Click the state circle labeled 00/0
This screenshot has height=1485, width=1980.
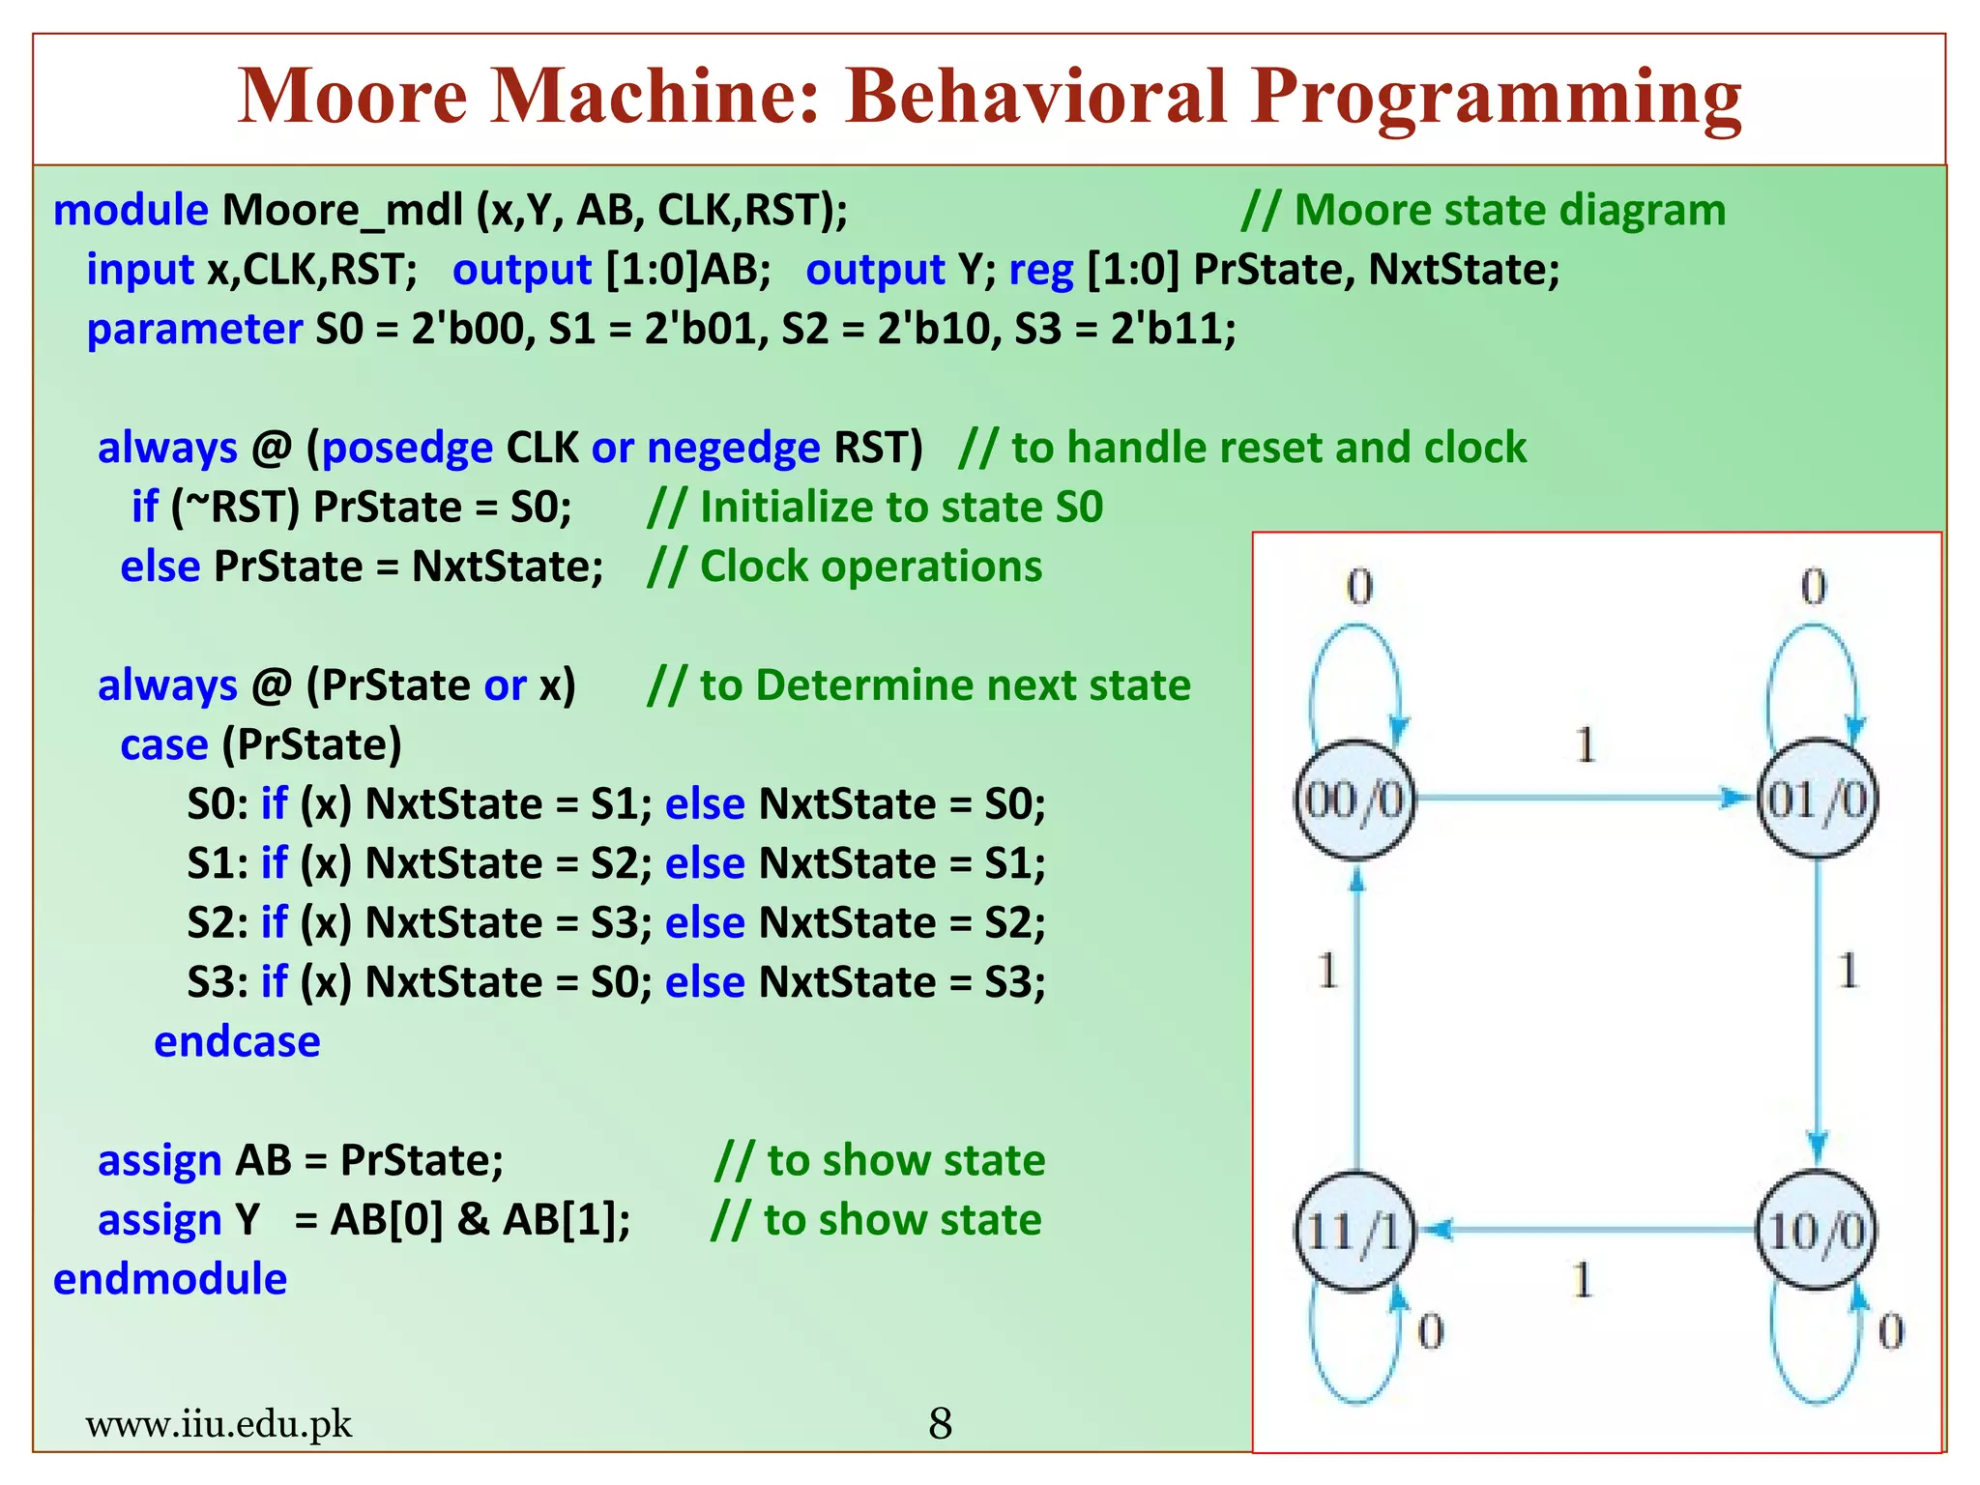pos(1354,799)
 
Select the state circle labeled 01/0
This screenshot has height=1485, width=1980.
pos(1817,799)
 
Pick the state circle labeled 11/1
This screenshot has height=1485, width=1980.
pos(1354,1230)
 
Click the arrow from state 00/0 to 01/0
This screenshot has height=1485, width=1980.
pos(1586,799)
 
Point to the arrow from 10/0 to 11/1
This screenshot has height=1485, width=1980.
pos(1586,1230)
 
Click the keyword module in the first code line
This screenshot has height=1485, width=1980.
pos(131,210)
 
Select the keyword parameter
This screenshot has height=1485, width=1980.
pos(194,329)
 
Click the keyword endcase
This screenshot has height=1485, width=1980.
pos(237,1041)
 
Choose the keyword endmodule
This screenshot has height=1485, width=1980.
pos(170,1278)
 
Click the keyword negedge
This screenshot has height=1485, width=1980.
pos(733,448)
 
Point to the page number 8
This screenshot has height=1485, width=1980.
pos(940,1423)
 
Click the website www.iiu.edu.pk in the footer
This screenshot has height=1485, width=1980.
pos(218,1423)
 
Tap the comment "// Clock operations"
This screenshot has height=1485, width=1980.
pos(844,567)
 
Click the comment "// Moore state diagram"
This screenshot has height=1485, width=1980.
pos(1483,210)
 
